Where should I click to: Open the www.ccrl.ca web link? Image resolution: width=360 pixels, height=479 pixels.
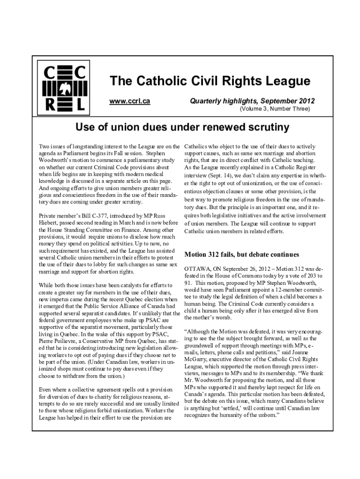[130, 101]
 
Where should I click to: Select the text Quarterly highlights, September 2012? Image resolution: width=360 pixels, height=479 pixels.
[252, 101]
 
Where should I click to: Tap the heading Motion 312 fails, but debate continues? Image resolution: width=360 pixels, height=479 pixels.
[242, 255]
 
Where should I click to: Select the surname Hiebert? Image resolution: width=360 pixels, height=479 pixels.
[50, 223]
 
